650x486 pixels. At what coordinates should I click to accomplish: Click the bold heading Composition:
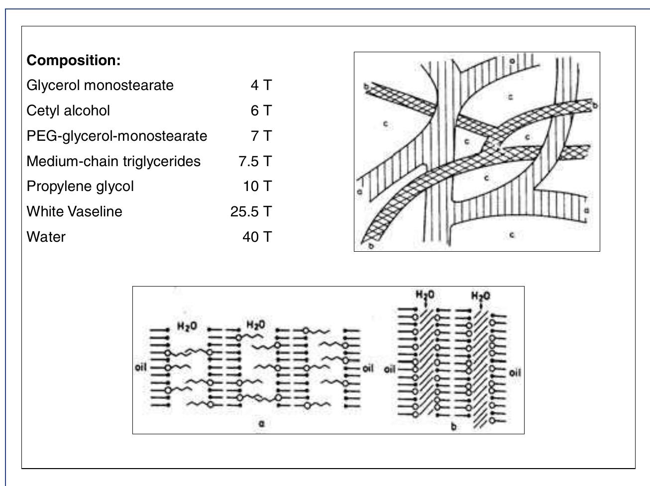(x=74, y=60)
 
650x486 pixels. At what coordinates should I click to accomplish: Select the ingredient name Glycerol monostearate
(x=100, y=85)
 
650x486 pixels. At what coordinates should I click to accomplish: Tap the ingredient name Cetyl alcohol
(x=68, y=110)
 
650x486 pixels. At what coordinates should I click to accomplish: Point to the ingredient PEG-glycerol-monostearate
(x=116, y=136)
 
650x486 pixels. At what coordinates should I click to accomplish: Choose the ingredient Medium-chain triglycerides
(x=113, y=161)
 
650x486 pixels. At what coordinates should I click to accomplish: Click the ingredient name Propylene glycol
(x=80, y=186)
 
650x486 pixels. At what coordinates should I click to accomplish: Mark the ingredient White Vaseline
(x=74, y=211)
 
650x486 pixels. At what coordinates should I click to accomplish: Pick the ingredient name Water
(x=46, y=237)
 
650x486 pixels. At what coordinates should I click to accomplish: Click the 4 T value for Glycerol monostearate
(x=261, y=85)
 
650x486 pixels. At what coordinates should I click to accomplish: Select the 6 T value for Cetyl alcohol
(x=261, y=110)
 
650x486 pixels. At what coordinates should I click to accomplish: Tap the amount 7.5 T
(x=255, y=161)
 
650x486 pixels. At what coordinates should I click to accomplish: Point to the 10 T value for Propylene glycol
(x=257, y=186)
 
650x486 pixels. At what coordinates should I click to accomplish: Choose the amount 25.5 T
(x=251, y=211)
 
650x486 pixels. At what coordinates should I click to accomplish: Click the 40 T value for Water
(x=257, y=237)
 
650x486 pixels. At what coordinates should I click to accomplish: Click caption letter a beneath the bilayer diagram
(x=262, y=424)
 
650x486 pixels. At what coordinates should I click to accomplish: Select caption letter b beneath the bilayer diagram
(x=453, y=427)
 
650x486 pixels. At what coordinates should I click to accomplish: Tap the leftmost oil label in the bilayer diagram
(x=141, y=368)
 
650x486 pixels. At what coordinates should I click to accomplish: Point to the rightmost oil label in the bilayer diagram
(x=515, y=372)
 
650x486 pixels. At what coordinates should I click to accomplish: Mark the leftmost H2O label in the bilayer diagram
(x=187, y=327)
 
